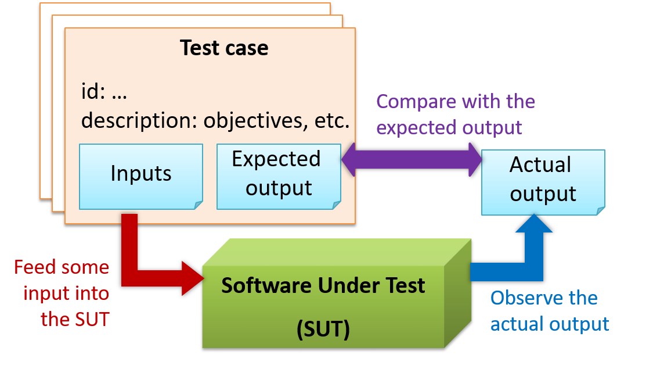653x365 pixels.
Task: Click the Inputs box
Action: (x=140, y=174)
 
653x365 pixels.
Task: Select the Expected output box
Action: (x=278, y=174)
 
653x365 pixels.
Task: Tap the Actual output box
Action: (x=543, y=180)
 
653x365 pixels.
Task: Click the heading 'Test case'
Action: (x=224, y=48)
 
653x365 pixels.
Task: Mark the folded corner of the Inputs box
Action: (x=198, y=204)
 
